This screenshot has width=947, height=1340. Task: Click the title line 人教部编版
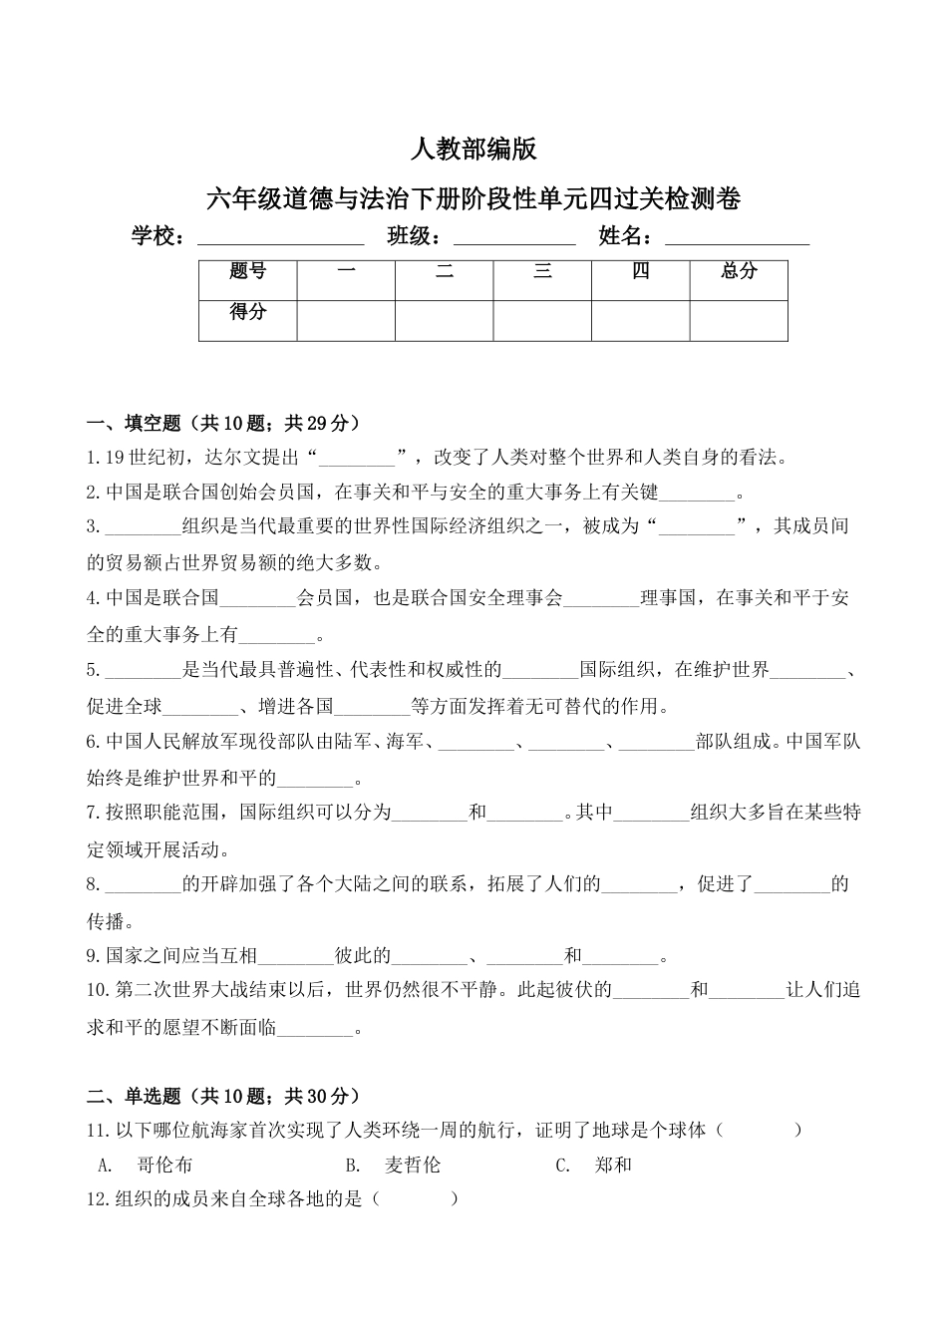(473, 150)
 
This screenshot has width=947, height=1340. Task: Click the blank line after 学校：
(281, 238)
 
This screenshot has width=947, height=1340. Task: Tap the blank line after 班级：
(514, 238)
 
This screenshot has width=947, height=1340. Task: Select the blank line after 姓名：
(737, 238)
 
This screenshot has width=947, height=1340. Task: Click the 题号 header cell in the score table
(247, 271)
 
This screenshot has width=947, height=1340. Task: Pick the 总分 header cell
(739, 271)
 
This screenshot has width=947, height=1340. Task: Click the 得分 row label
(247, 312)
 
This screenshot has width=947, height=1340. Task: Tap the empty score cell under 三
(542, 319)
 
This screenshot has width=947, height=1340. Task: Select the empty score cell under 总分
(739, 319)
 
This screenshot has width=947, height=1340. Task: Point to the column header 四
(640, 271)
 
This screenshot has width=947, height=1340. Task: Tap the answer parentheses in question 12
(415, 1199)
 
